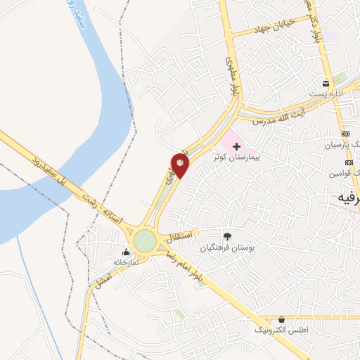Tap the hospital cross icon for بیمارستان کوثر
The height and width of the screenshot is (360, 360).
point(236,146)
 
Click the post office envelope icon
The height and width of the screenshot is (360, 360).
point(326,83)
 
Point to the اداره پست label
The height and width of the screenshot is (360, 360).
point(328,94)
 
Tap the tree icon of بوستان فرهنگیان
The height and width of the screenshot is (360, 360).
point(226,236)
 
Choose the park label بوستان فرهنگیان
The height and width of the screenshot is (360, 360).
point(224,248)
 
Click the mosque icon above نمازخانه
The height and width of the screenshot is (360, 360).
point(127,252)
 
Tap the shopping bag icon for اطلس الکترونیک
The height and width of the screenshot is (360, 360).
point(281,319)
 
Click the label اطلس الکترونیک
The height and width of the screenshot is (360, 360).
point(281,330)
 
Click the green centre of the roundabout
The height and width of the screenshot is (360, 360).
point(145,239)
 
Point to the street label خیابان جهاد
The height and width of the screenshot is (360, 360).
point(275,28)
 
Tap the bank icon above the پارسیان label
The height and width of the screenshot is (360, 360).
point(345,134)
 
